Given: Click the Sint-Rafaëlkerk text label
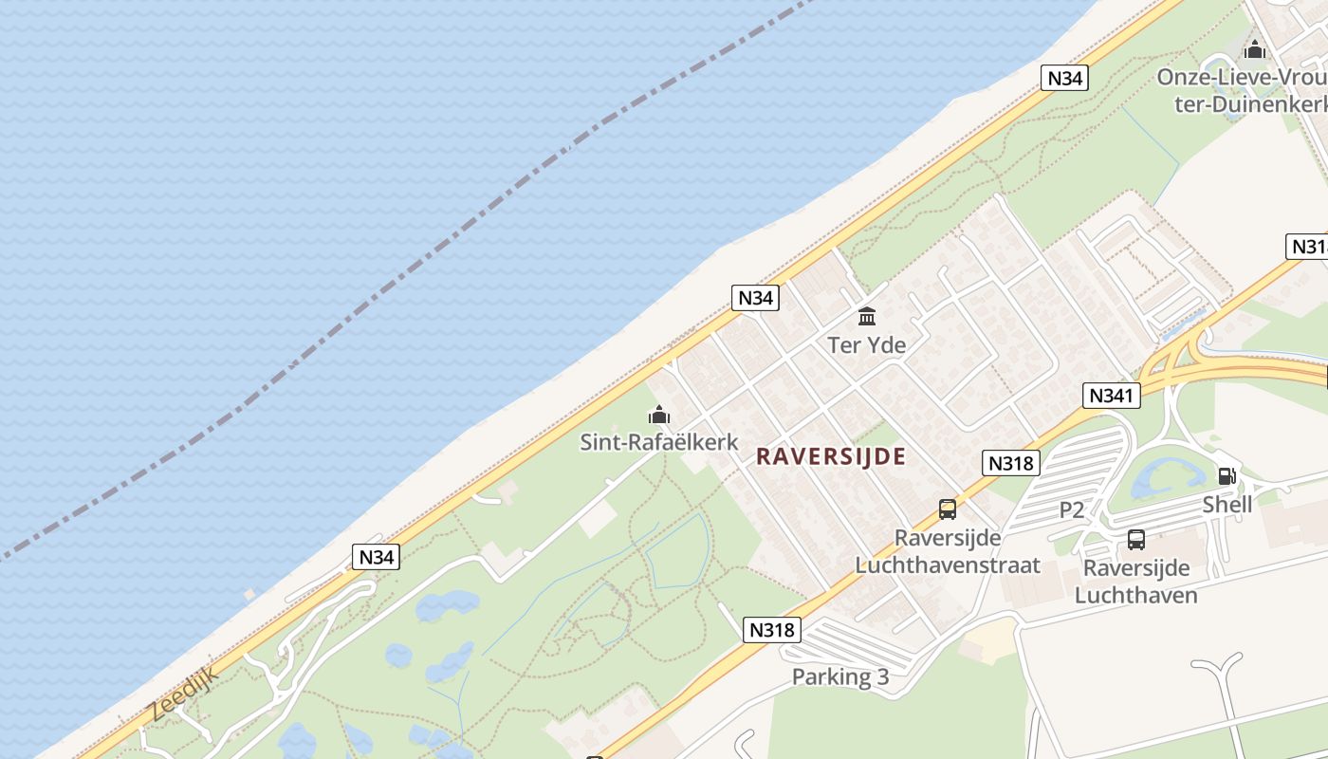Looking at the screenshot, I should point(658,442).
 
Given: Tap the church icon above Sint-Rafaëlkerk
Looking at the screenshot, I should point(658,415).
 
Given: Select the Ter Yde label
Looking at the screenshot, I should point(866,344).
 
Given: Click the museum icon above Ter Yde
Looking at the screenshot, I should point(866,316).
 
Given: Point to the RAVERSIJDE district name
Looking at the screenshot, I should point(830,456).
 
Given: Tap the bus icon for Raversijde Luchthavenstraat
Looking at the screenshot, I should point(947,509).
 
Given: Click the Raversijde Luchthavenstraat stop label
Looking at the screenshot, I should point(947,552).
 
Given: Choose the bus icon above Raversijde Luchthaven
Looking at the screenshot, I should point(1135,540).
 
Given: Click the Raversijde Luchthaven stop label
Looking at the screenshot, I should point(1135,582).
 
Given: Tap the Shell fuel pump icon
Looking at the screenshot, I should point(1227,476).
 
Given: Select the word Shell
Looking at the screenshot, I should point(1227,504).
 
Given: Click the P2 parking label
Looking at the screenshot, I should point(1071,510).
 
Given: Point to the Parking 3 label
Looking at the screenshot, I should point(840,676).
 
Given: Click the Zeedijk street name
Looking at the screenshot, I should point(183,694).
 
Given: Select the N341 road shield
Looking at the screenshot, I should point(1110,395).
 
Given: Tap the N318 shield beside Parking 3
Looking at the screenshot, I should point(772,629).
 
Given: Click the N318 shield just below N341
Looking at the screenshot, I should point(1011,463).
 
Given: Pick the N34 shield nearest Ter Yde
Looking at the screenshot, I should point(755,298).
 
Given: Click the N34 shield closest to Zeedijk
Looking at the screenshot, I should point(376,557).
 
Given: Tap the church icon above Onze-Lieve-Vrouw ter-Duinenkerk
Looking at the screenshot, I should point(1254,49).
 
